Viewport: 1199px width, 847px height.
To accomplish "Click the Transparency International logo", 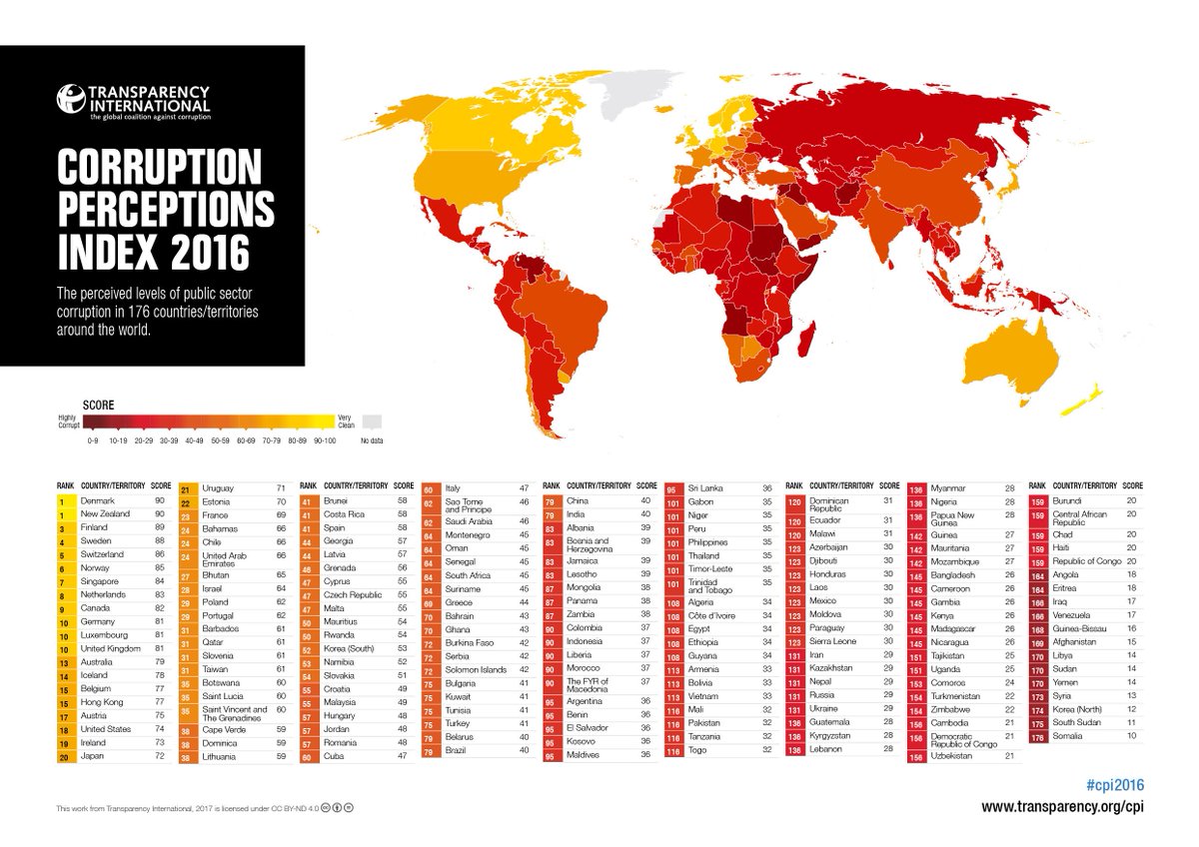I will (134, 100).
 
